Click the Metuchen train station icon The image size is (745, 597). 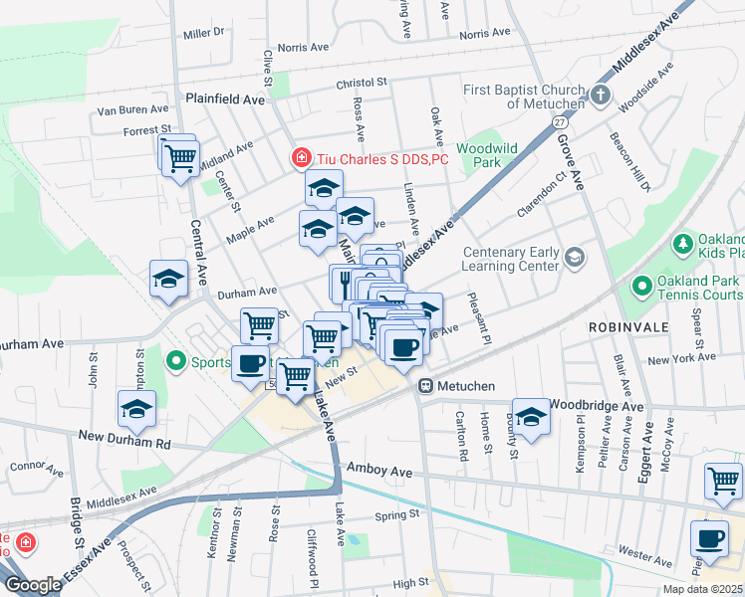tap(425, 385)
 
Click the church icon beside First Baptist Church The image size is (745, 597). tap(600, 97)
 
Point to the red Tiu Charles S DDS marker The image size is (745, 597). tap(299, 157)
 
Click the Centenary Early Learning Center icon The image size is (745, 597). tap(575, 258)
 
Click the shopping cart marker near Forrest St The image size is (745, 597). tap(180, 158)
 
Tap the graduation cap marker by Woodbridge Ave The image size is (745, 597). tap(531, 416)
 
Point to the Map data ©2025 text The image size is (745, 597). tap(701, 589)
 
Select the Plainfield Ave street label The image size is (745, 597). tap(225, 100)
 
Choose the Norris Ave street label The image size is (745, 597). tap(303, 47)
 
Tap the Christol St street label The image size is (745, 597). tap(347, 83)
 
